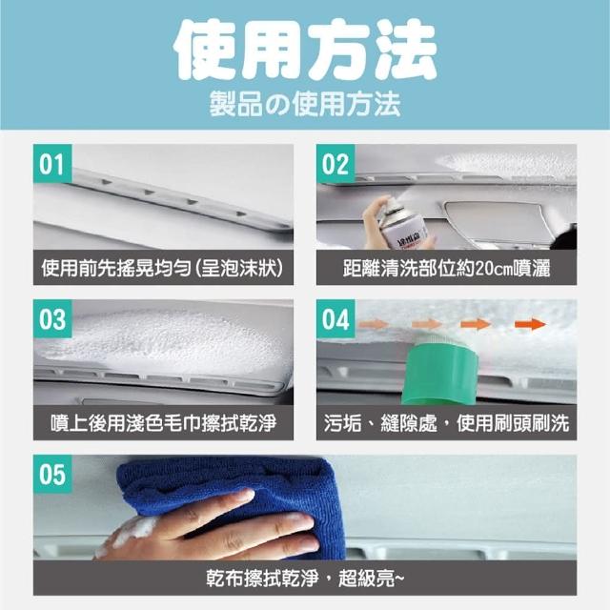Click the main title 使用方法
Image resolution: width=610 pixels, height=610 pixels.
click(x=305, y=50)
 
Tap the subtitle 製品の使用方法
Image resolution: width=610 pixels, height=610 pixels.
click(x=305, y=104)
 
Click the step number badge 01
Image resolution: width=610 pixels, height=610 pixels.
click(x=52, y=164)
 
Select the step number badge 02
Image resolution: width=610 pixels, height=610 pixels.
click(x=335, y=164)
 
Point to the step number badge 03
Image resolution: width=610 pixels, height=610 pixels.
click(x=52, y=319)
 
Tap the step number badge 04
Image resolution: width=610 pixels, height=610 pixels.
click(x=335, y=319)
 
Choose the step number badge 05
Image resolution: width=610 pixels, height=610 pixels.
click(x=52, y=475)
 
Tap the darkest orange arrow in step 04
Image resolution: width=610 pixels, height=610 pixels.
click(x=530, y=324)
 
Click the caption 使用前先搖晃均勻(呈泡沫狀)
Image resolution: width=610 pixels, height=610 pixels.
click(x=163, y=268)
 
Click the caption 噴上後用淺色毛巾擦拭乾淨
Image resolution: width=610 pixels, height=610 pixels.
click(x=163, y=423)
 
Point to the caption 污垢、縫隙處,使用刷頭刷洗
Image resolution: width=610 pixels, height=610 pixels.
click(x=446, y=423)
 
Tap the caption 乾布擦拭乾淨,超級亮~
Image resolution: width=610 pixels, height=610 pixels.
click(x=305, y=578)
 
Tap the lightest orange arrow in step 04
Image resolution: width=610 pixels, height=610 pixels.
click(x=374, y=324)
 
